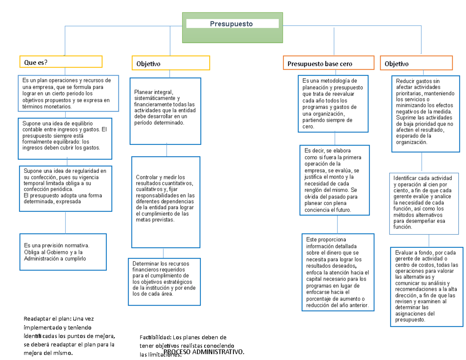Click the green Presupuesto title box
pos(232,27)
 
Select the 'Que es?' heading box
pos(61,62)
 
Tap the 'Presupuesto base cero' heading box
pos(328,63)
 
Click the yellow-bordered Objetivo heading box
pos(171,63)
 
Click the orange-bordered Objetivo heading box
pos(416,63)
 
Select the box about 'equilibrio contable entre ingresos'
pos(65,138)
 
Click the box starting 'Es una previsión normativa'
pos(63,252)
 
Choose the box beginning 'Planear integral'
pos(165,111)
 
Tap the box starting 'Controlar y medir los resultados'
pos(166,202)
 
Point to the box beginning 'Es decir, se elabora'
pos(334,180)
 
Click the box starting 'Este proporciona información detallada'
pos(338,272)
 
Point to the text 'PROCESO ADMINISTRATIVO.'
pos(204,352)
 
